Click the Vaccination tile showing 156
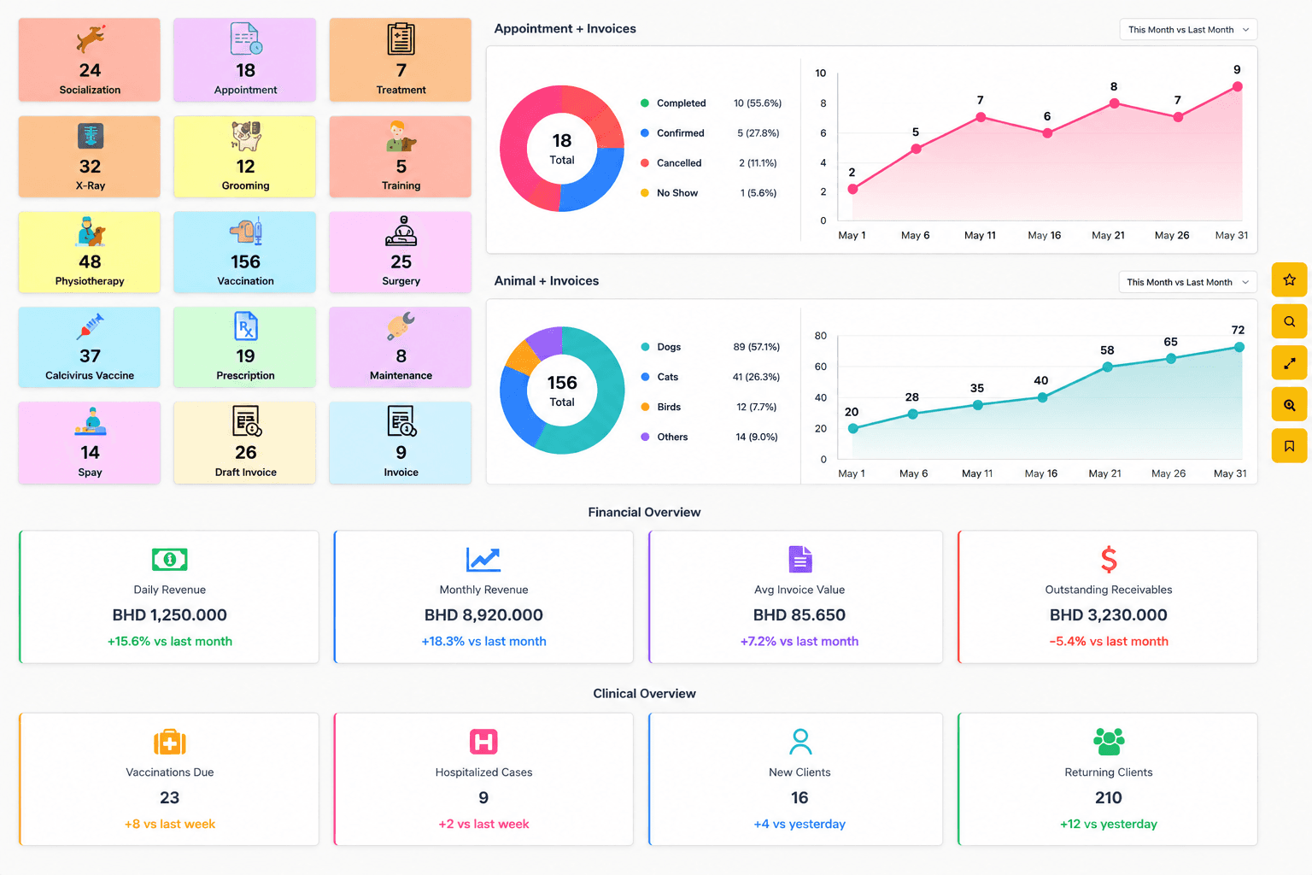tap(245, 252)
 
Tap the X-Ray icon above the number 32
tap(91, 136)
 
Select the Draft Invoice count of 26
tap(245, 452)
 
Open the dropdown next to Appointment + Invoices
tap(1188, 30)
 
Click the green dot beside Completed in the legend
tap(645, 103)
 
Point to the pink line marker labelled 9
tap(1237, 87)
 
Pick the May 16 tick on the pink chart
tap(1045, 235)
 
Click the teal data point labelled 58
tap(1107, 367)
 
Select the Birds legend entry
tap(668, 407)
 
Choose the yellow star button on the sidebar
tap(1289, 279)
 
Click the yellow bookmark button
tap(1289, 446)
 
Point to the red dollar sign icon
tap(1109, 559)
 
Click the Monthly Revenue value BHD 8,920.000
tap(483, 614)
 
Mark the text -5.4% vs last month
tap(1109, 641)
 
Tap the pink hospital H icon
tap(483, 742)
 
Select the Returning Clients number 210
tap(1109, 797)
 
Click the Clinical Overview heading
tap(644, 693)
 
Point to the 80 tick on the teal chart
tap(821, 336)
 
